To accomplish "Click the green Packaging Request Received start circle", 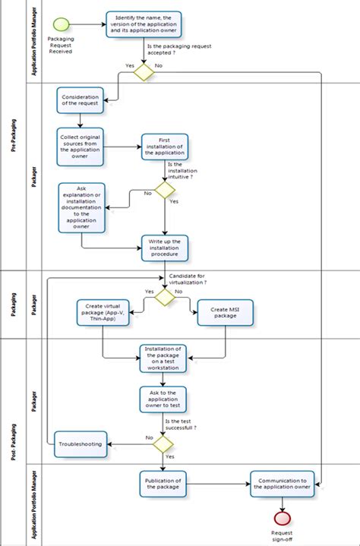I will pos(61,24).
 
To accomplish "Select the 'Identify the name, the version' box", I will pos(143,24).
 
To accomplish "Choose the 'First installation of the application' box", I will pos(164,146).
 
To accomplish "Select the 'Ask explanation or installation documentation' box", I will pos(82,207).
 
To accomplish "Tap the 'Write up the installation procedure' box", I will pos(164,248).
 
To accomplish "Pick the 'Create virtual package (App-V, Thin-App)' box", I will pos(103,311).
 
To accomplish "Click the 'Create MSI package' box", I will pos(225,311).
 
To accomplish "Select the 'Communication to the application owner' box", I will pos(282,484).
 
